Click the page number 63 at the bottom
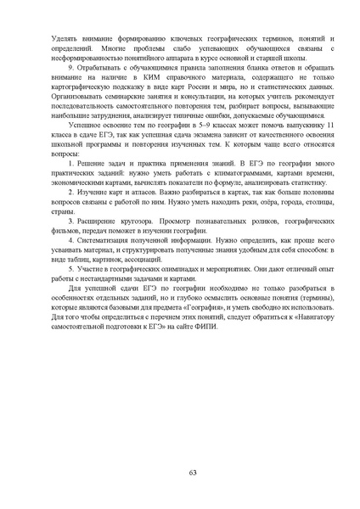click(180, 473)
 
